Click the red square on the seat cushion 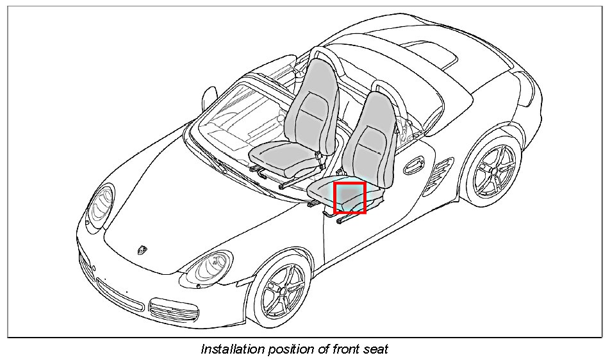[349, 197]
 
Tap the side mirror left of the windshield [208, 97]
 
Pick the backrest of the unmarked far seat [312, 106]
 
